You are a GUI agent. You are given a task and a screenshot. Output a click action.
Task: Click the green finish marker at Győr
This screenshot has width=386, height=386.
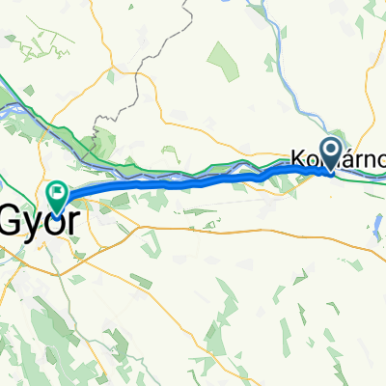coord(56,196)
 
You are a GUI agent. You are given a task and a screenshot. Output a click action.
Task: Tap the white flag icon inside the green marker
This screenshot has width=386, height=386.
coord(56,193)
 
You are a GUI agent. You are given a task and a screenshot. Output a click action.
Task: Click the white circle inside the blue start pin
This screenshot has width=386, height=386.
coord(330,149)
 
